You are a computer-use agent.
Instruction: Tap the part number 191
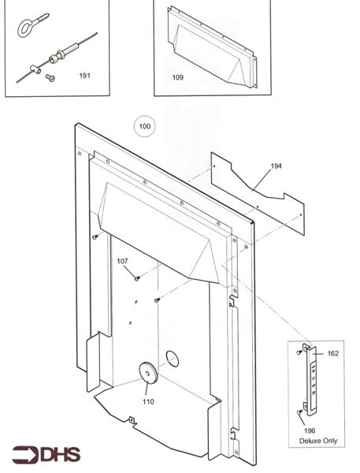coord(85,76)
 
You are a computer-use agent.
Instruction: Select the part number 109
coord(178,77)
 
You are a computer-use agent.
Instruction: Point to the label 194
coord(276,166)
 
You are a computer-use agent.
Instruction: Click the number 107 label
coord(122,261)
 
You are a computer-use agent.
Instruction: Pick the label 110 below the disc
coord(148,401)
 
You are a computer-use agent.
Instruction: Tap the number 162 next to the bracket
coord(332,354)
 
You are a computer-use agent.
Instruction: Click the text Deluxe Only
coord(317,441)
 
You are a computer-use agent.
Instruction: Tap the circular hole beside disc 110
coord(172,359)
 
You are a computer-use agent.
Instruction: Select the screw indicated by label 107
coord(136,277)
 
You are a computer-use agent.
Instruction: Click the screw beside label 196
coord(300,412)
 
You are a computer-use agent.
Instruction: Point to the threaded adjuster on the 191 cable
coord(60,55)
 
